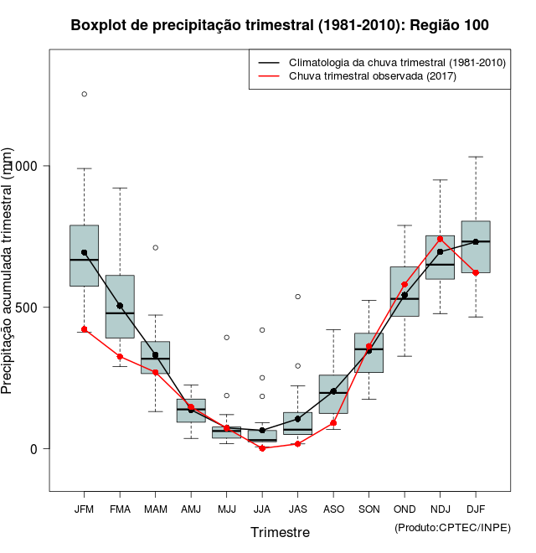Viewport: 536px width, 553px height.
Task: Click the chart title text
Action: pos(280,26)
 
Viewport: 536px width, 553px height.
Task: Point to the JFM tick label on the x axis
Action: pos(84,509)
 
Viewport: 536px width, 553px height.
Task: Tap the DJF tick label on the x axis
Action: pos(476,509)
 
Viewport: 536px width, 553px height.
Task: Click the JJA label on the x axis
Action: pos(262,509)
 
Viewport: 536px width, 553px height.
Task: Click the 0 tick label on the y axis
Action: pos(33,448)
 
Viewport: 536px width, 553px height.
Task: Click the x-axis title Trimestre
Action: pos(280,532)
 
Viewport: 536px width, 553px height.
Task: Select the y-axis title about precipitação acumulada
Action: pos(8,271)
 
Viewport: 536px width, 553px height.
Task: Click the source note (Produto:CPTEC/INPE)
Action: pos(452,527)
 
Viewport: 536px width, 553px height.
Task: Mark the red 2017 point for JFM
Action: pos(84,329)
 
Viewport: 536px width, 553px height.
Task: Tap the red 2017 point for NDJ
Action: pos(440,239)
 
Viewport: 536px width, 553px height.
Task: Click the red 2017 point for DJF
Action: pos(476,272)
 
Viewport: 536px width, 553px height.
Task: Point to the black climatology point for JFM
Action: pos(84,252)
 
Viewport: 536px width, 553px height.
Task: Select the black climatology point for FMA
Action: pos(120,306)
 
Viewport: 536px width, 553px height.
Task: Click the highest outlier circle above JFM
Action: pos(84,94)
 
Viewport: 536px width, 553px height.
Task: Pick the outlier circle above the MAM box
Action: pos(155,247)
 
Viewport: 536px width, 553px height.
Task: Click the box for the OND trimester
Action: pos(405,292)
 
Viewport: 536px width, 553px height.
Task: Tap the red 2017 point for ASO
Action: pos(333,423)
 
